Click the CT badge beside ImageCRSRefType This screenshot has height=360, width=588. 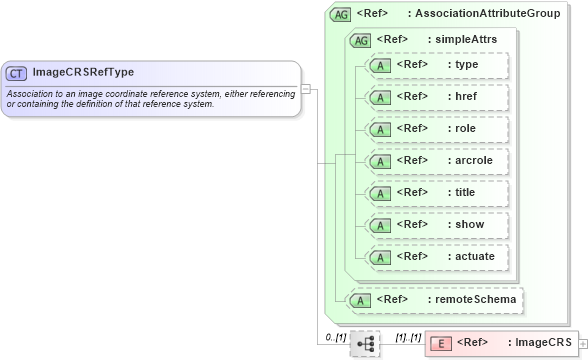[x=17, y=73]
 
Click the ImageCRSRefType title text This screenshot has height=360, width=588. [x=83, y=73]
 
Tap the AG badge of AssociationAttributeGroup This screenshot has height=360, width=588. [x=341, y=15]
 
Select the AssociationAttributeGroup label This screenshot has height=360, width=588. [x=487, y=15]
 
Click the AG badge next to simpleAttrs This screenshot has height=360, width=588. [x=360, y=40]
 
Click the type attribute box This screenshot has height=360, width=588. [x=438, y=65]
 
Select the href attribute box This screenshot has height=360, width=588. [x=438, y=97]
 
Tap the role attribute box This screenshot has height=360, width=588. [x=438, y=129]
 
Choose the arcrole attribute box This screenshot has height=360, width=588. [x=438, y=161]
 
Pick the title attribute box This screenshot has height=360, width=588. [x=438, y=193]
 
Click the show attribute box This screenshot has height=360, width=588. [x=438, y=225]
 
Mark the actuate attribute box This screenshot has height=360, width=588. [x=438, y=257]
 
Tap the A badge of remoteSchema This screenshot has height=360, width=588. [x=355, y=299]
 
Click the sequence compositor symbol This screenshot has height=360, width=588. [x=365, y=344]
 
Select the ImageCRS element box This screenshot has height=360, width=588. [x=501, y=344]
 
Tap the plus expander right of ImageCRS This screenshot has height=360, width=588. [x=583, y=344]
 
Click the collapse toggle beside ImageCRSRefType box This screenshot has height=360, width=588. [x=306, y=88]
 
